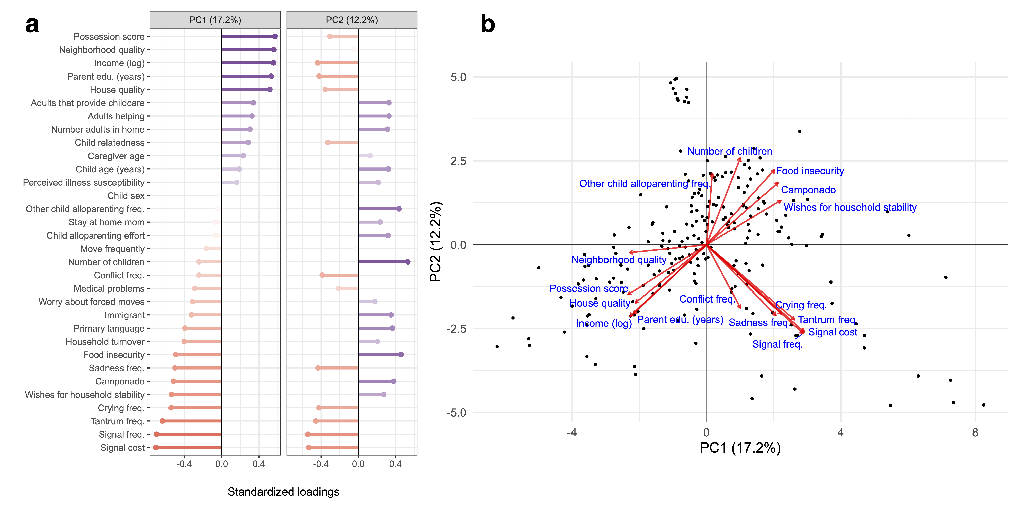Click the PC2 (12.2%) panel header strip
pyautogui.click(x=352, y=20)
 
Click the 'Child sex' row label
pyautogui.click(x=126, y=196)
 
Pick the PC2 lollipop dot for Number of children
pyautogui.click(x=408, y=262)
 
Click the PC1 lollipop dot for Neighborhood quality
pyautogui.click(x=274, y=50)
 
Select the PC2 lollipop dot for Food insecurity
pyautogui.click(x=401, y=355)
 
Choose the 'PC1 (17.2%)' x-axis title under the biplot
pyautogui.click(x=740, y=448)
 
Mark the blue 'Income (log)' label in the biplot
pyautogui.click(x=604, y=324)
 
